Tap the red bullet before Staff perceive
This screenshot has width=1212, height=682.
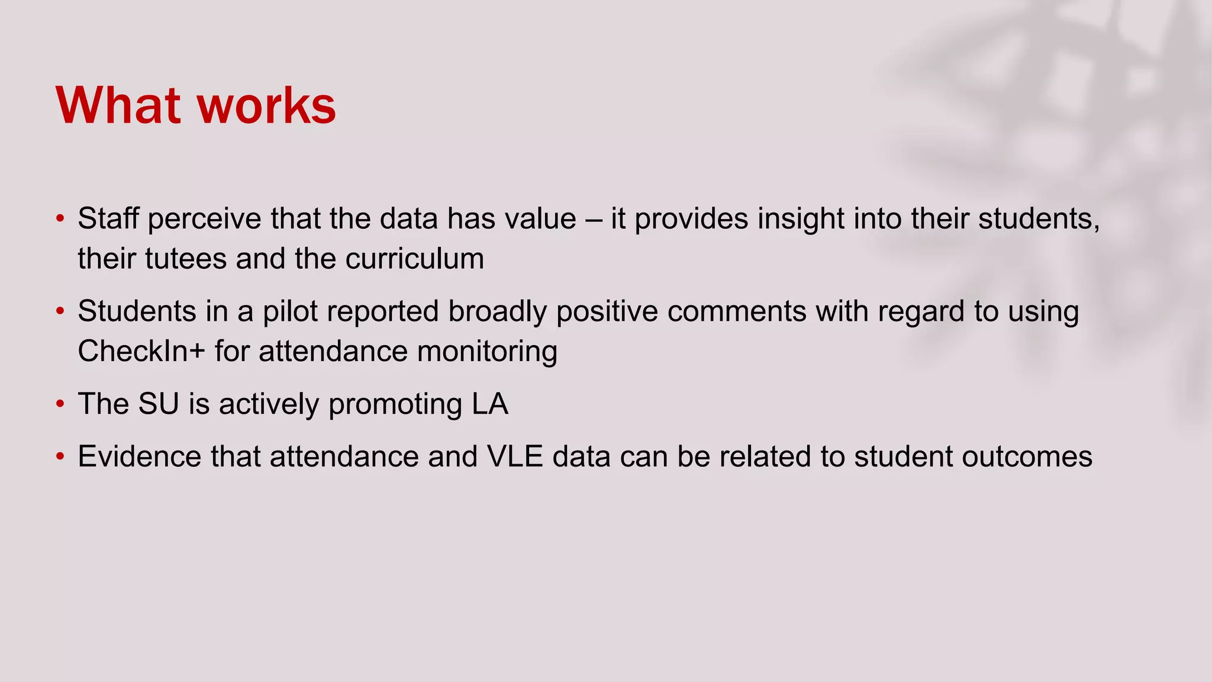pyautogui.click(x=60, y=219)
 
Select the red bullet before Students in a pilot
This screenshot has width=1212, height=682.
pyautogui.click(x=60, y=311)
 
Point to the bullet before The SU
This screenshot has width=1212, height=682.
pyautogui.click(x=60, y=404)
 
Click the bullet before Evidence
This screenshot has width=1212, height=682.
pyautogui.click(x=60, y=457)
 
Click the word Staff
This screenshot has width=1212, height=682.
pyautogui.click(x=108, y=218)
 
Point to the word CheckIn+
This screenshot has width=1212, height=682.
pyautogui.click(x=141, y=351)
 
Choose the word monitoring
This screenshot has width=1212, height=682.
pyautogui.click(x=487, y=351)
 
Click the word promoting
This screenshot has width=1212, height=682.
pyautogui.click(x=395, y=404)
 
